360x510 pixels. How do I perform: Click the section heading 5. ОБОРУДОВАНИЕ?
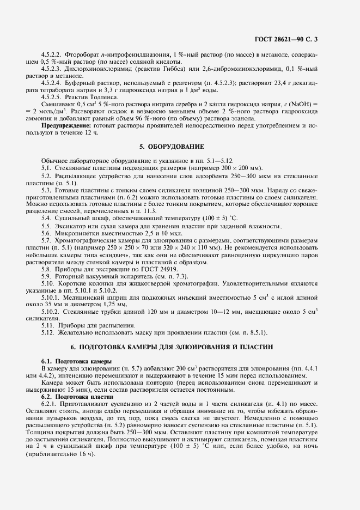click(x=172, y=147)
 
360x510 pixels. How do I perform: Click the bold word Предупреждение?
click(x=67, y=125)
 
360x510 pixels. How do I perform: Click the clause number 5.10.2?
click(x=51, y=310)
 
